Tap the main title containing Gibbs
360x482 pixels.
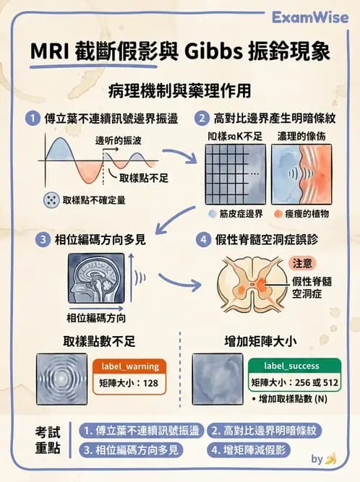[x=181, y=52]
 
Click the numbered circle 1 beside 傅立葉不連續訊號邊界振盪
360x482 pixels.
[x=30, y=117]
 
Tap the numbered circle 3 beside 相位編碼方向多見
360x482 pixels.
[x=30, y=239]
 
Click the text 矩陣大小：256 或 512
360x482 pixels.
[x=292, y=382]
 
